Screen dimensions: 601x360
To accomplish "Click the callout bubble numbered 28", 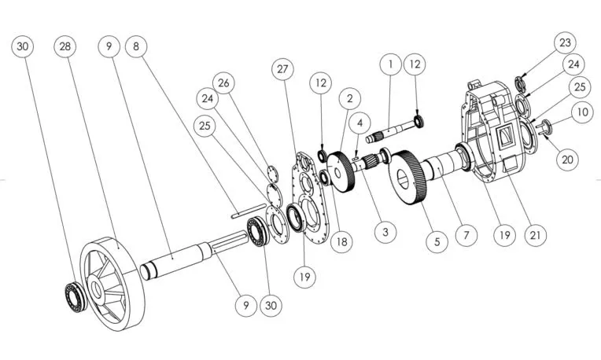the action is coord(65,46).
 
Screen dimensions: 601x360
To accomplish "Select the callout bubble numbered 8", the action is coord(136,46).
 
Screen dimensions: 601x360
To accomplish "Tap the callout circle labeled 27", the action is coord(282,69).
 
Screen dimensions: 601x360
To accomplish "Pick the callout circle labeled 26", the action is coord(223,83).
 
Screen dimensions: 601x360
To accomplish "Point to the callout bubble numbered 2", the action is coord(349,98).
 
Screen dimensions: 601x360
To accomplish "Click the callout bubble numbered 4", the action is coord(359,123).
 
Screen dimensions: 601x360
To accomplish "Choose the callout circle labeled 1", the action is coord(391,64).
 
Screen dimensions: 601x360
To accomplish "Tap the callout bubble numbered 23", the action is coord(566,42).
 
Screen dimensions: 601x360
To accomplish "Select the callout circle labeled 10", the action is coord(582,112).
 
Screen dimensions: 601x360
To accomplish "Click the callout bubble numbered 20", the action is coord(567,159).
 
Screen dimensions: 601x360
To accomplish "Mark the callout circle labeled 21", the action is coord(535,235).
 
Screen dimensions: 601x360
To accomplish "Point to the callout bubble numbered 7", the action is coord(466,235).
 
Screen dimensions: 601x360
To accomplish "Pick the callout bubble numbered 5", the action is coord(437,241).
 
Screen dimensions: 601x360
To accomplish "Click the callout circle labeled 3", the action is coord(385,232).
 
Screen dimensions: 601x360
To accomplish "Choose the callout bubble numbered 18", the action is coord(341,241).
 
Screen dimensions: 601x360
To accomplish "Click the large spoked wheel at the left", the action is coord(112,284).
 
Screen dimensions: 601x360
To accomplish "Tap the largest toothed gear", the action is coord(407,178).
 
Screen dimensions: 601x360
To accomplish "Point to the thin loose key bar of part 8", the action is coord(249,211).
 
